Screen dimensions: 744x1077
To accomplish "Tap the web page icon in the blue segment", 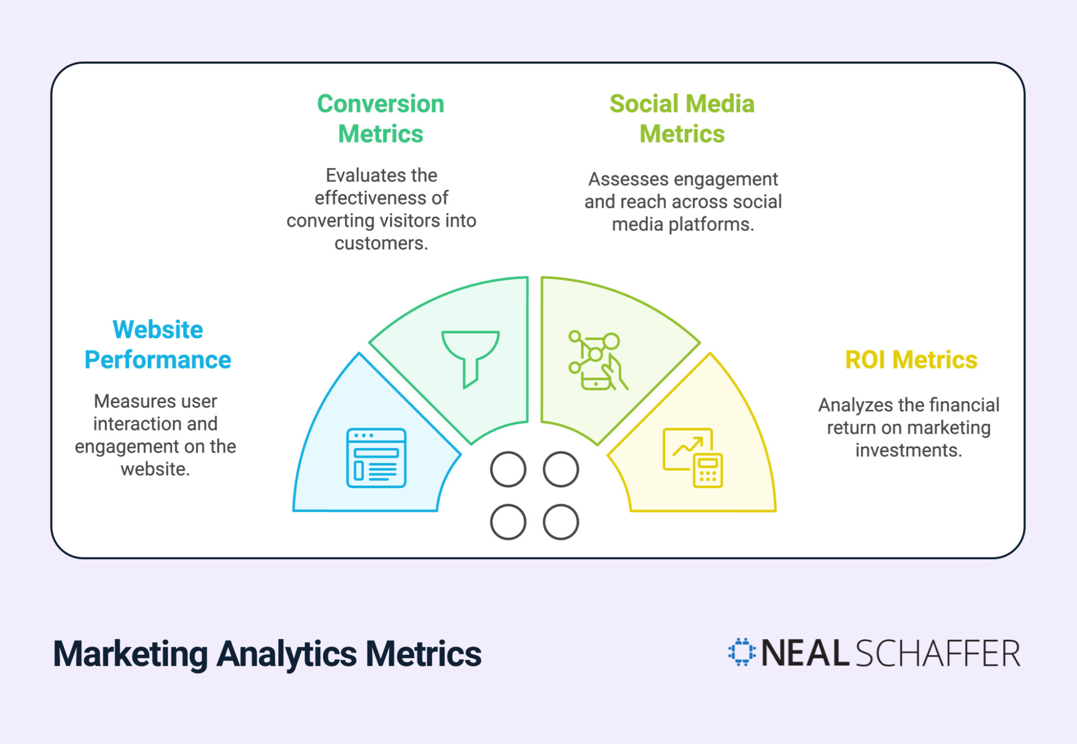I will click(376, 457).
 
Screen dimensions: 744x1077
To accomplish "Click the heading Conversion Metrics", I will click(381, 118).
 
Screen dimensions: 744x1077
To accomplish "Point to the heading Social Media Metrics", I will click(682, 118).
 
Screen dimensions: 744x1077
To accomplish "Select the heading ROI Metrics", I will click(911, 360).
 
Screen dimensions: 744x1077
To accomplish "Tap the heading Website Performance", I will click(158, 344).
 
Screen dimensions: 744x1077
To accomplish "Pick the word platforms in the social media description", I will click(711, 225).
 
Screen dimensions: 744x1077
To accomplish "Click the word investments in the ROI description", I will click(908, 451).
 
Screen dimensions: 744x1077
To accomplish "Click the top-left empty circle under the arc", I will click(508, 469).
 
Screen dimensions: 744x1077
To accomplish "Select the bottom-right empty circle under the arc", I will click(561, 522).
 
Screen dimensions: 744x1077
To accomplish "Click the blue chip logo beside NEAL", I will click(741, 652).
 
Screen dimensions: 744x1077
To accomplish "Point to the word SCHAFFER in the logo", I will click(938, 654).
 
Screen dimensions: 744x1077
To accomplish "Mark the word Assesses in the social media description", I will click(620, 179).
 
